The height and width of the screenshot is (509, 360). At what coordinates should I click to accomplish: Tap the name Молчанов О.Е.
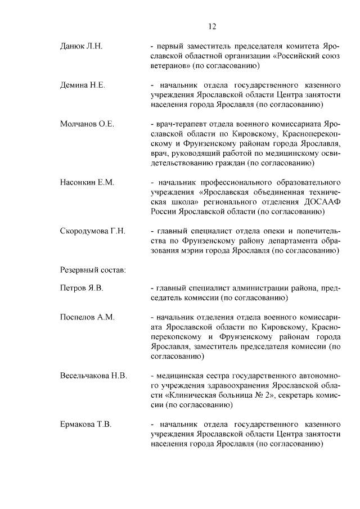[87, 124]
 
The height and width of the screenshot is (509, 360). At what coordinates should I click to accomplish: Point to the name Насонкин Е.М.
[87, 182]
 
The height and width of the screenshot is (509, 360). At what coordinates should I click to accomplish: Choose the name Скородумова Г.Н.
[93, 231]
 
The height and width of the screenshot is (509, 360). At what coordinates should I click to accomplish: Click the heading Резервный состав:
[93, 269]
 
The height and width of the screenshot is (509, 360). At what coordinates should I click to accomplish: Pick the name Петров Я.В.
[82, 289]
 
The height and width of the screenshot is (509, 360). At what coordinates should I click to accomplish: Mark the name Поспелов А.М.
[87, 317]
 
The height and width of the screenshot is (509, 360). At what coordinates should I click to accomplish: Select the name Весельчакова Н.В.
[94, 375]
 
